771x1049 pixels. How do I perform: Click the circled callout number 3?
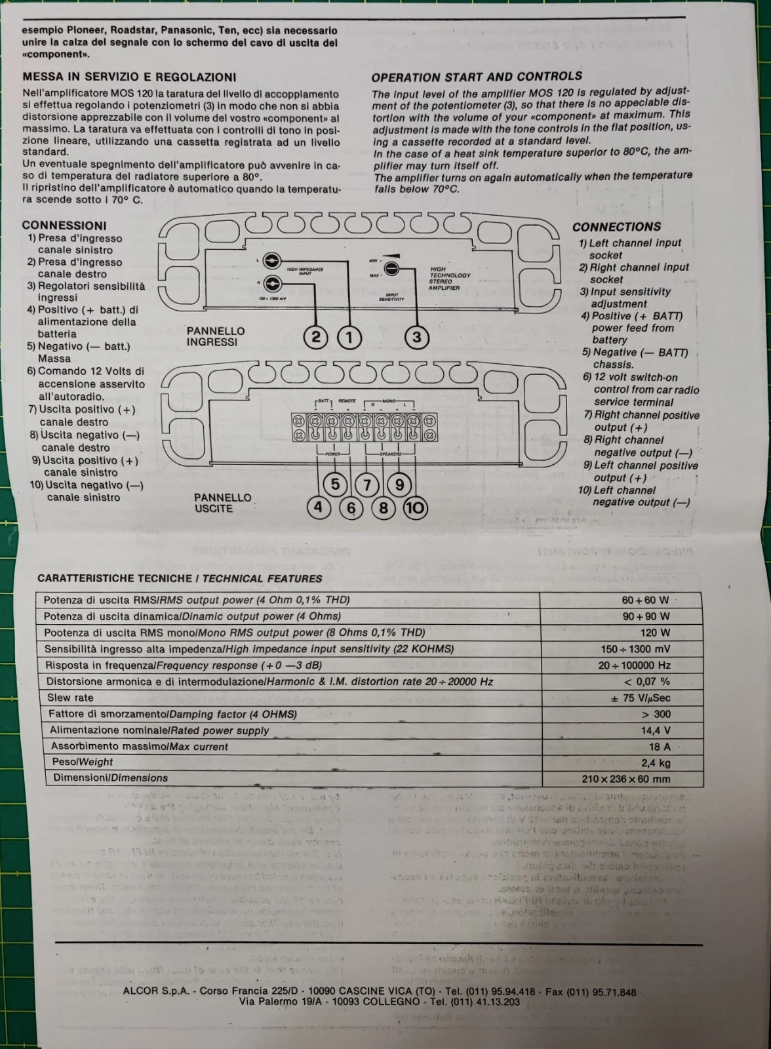point(416,338)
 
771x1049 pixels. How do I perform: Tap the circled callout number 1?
point(349,338)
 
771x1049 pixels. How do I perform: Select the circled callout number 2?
point(316,338)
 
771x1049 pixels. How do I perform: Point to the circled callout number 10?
point(415,507)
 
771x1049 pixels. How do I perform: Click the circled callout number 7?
point(367,485)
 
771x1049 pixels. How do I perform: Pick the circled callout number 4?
point(319,507)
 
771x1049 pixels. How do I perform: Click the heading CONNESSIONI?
point(64,226)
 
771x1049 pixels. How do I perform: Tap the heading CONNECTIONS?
point(616,227)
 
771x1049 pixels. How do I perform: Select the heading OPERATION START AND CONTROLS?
point(477,76)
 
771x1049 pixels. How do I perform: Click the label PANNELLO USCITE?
point(222,503)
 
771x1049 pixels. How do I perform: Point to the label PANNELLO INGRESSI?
point(216,336)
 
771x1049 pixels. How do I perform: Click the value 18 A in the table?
point(659,747)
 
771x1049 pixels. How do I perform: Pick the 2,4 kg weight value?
point(656,763)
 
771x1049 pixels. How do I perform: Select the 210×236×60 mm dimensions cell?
point(625,779)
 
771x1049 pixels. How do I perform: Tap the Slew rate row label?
point(70,698)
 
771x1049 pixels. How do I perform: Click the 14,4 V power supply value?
point(655,730)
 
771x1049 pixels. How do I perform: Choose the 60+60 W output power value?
point(645,600)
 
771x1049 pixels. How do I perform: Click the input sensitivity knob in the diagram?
point(391,269)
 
